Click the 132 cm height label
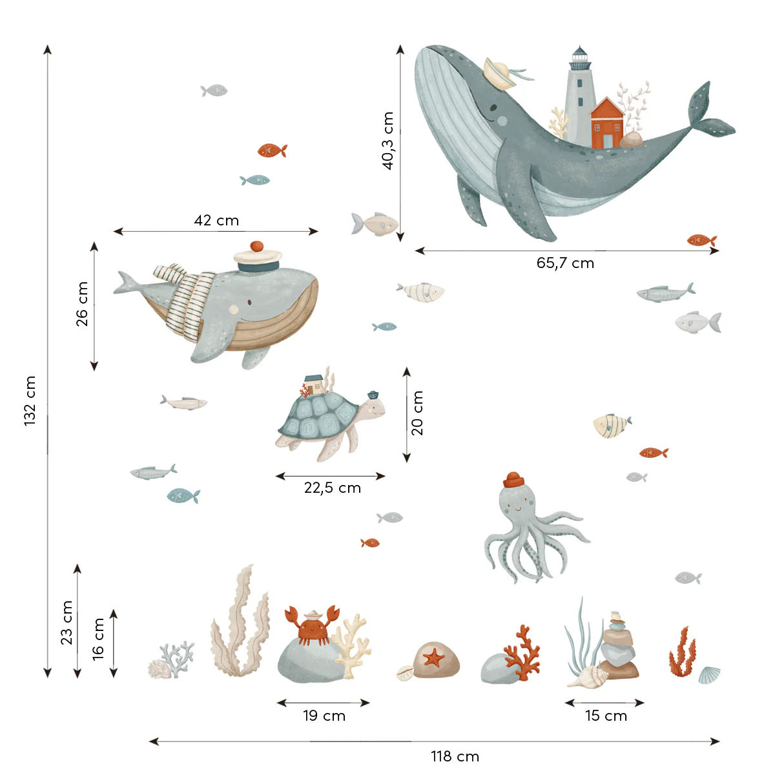[30, 400]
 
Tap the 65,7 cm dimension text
[565, 263]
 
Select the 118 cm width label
[455, 756]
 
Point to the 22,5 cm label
[332, 488]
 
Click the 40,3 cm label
[387, 141]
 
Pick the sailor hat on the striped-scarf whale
[258, 258]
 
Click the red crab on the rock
[312, 624]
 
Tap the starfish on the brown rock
[433, 659]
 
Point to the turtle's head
[373, 407]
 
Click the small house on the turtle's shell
[315, 385]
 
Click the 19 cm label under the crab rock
[324, 716]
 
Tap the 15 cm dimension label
[606, 716]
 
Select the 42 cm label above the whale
[216, 221]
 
